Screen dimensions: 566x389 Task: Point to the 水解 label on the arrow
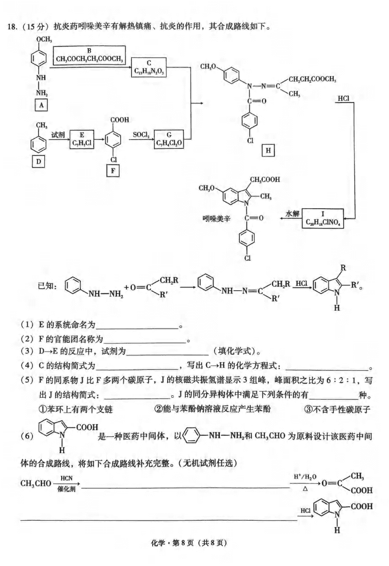292,213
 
